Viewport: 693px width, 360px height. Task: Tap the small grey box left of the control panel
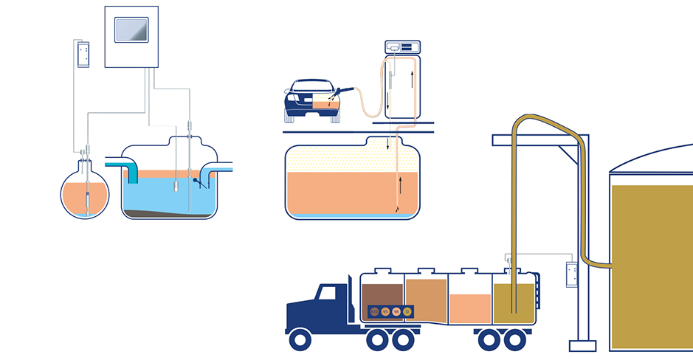(x=83, y=54)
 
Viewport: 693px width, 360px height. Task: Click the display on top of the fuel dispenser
(x=401, y=47)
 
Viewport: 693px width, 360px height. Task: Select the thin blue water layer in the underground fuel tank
(x=352, y=215)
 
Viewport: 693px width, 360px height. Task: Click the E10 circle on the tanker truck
(x=374, y=312)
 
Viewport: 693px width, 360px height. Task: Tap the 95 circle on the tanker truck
(x=385, y=312)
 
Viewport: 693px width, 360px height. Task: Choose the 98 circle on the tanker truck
(x=396, y=312)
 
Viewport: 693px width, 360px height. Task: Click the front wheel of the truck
(x=300, y=339)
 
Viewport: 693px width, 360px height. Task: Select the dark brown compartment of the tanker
(x=381, y=294)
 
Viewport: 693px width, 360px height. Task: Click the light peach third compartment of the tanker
(x=470, y=306)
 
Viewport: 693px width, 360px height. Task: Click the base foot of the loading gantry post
(x=583, y=346)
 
